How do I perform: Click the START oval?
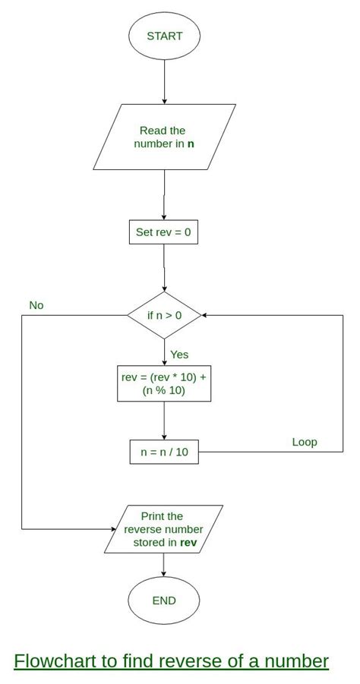coord(164,36)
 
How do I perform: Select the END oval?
coord(163,600)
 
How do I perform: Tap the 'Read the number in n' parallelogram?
coord(164,137)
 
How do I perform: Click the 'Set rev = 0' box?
coord(163,232)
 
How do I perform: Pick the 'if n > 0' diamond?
coord(164,315)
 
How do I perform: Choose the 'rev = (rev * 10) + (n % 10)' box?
coord(163,384)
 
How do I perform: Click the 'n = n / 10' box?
coord(164,452)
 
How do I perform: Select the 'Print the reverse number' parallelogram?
coord(163,529)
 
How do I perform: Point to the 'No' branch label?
coord(36,305)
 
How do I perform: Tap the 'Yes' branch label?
coord(179,355)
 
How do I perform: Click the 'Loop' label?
coord(305,442)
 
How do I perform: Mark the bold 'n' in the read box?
coord(191,143)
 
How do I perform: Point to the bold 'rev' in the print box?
coord(188,543)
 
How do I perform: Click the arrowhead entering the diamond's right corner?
coord(205,315)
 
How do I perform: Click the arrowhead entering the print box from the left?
coord(113,529)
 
